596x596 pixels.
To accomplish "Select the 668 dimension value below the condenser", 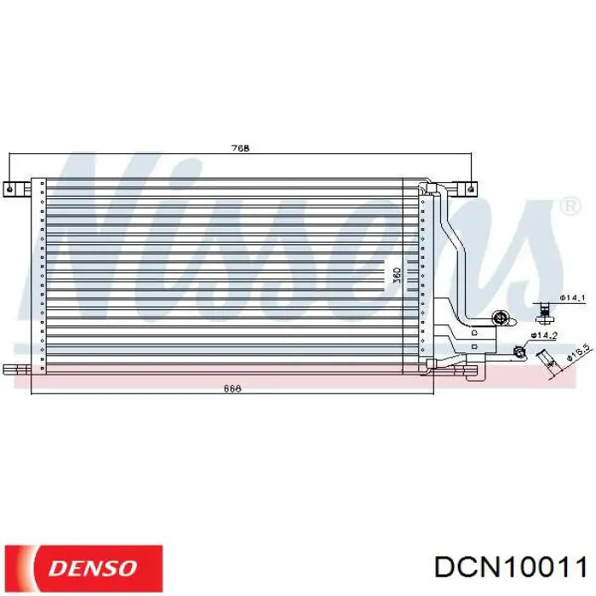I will [232, 389].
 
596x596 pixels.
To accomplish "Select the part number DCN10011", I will [508, 567].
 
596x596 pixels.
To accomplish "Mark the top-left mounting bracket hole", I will [9, 188].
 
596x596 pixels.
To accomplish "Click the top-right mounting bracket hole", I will [468, 187].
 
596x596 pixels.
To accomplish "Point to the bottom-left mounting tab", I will [15, 369].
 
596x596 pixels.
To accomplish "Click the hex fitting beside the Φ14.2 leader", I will [519, 350].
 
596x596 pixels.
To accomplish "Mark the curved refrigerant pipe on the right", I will [456, 255].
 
